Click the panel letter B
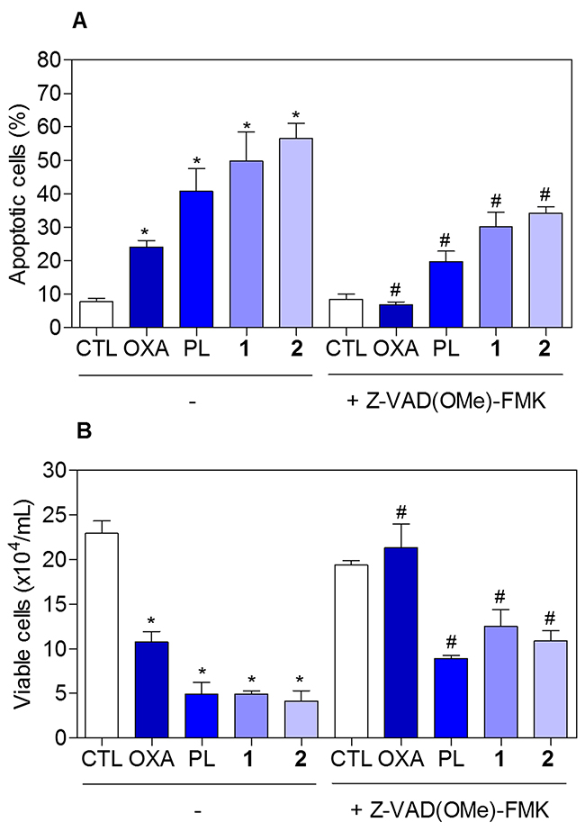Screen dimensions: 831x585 (78, 432)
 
